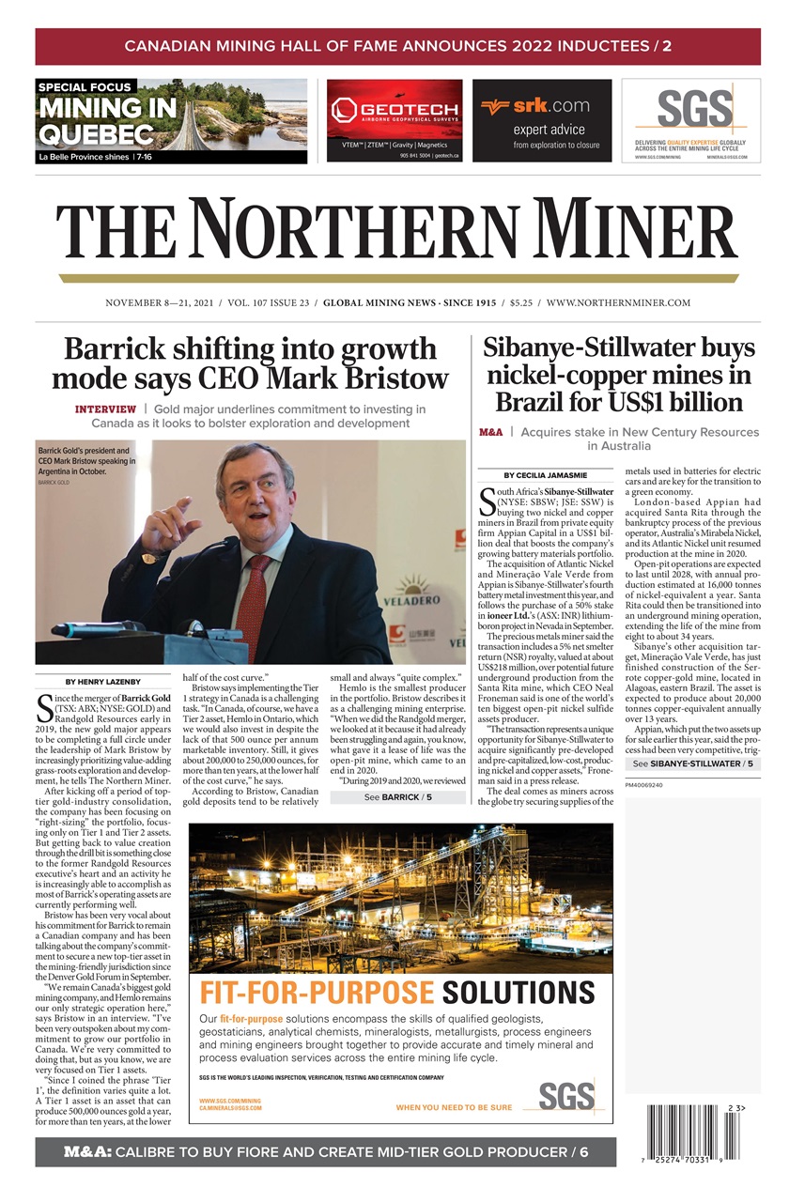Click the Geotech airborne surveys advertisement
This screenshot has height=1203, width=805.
(395, 120)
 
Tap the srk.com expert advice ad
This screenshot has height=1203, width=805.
(542, 120)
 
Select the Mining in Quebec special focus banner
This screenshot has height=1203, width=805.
(171, 121)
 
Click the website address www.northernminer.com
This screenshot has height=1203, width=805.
(618, 303)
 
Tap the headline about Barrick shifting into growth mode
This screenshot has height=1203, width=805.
(250, 364)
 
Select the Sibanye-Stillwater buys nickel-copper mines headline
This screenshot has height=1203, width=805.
(618, 375)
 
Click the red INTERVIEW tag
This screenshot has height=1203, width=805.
(105, 409)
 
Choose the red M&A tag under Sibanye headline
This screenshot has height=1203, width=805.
(490, 433)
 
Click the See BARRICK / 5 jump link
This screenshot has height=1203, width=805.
(399, 797)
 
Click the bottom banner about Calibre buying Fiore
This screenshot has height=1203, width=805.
(325, 1151)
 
